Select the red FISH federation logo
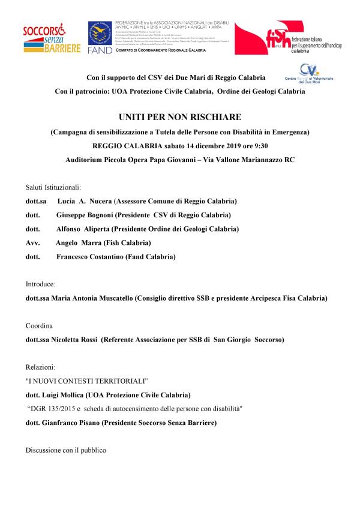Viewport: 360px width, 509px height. coord(279,39)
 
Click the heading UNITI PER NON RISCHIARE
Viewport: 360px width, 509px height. coord(180,118)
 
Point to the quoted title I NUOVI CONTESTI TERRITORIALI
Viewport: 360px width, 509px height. coord(87,381)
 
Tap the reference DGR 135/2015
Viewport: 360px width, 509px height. coord(53,409)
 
